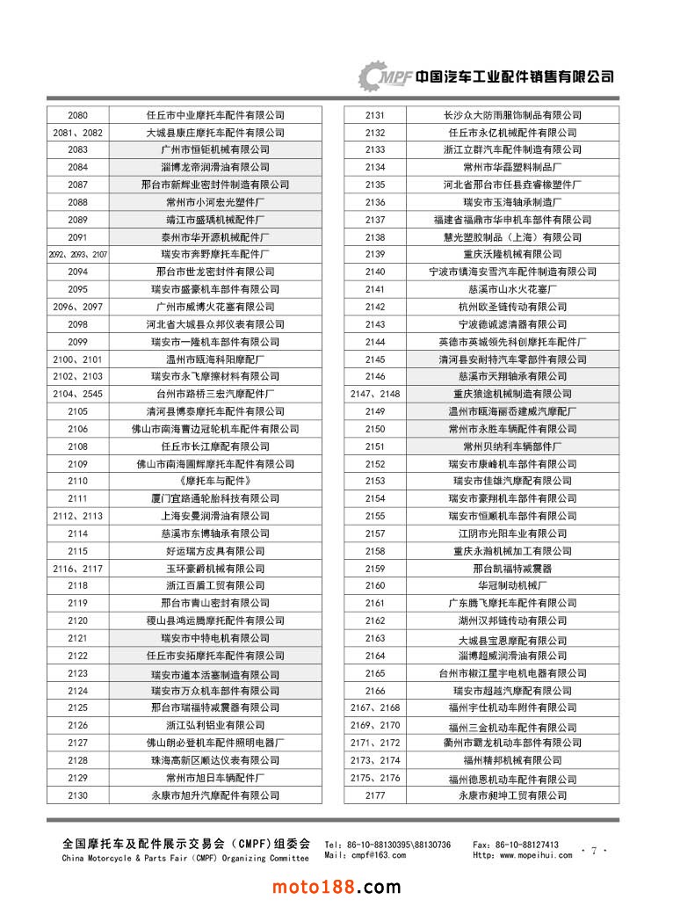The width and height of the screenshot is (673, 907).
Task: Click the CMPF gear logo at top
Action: (385, 76)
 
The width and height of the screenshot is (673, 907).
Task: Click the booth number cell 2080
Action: (77, 115)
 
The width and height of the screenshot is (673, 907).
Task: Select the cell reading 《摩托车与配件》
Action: (215, 481)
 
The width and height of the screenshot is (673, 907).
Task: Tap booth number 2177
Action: (375, 795)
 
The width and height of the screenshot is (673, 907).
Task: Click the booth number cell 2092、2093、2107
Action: (77, 254)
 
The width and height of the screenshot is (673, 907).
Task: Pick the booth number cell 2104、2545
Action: (77, 394)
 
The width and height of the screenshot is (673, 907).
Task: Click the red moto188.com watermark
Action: (336, 885)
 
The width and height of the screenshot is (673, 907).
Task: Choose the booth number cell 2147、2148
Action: (375, 394)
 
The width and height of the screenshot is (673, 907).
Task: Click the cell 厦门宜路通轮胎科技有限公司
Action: (215, 498)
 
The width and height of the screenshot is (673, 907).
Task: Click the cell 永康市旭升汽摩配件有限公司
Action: (215, 795)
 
